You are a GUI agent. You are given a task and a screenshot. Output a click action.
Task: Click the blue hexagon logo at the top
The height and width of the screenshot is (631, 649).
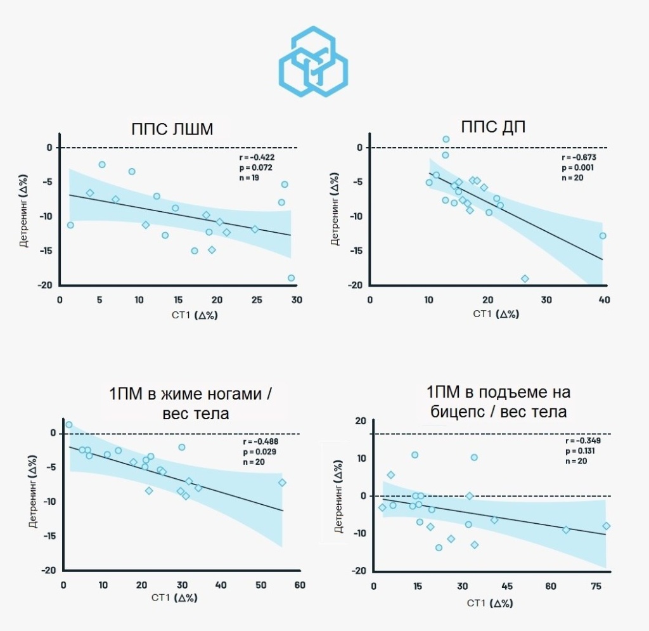coord(313,62)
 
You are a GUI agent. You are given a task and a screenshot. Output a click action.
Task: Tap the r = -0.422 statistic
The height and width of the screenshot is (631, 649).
coord(257,157)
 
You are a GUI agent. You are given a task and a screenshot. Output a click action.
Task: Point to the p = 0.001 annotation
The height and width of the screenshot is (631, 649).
coord(579,167)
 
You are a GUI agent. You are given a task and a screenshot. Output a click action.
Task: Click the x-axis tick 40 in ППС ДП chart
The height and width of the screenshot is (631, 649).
coord(604,299)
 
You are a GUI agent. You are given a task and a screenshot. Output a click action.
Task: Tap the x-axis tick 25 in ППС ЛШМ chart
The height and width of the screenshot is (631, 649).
coord(255,299)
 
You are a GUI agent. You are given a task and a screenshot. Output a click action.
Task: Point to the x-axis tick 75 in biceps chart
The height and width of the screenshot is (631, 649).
coord(595,585)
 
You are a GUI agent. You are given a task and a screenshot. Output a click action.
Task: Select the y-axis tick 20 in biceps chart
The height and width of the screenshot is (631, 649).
coord(362,421)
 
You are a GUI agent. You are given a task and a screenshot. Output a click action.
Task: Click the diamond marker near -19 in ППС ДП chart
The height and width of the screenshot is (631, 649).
coord(525,278)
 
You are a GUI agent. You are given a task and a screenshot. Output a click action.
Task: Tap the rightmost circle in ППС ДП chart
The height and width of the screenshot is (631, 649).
coord(603,235)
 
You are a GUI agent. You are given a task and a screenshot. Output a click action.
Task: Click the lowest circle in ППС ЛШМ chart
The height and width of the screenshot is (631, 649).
coord(291,278)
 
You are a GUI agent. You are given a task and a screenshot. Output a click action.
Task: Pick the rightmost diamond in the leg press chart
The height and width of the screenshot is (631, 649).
coord(282,483)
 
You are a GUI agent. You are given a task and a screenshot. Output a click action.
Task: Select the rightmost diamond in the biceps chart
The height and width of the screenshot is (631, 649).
coord(606,526)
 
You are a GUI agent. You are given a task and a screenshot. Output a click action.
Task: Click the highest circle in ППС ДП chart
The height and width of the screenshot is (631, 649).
coord(446,139)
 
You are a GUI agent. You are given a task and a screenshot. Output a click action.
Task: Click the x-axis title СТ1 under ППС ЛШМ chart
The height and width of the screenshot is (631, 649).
coord(177,314)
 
